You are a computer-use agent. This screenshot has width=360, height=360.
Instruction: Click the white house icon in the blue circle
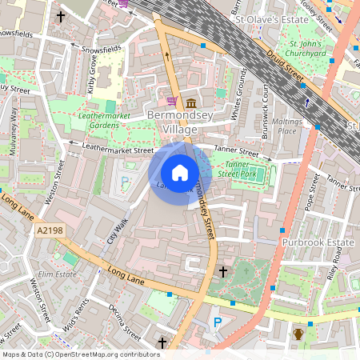point(180,173)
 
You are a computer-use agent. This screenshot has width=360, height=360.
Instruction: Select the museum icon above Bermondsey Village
point(192,102)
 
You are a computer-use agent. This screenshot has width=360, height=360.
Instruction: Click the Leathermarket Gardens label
point(105,120)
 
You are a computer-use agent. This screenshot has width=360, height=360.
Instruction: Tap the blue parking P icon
point(217,322)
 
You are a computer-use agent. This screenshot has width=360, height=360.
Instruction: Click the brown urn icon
point(298,333)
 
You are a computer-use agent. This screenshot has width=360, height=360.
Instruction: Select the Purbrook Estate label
point(318,241)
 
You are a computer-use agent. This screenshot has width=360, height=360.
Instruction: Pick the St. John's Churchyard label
point(307,48)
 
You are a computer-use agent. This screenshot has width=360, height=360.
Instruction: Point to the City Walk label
point(117,230)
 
